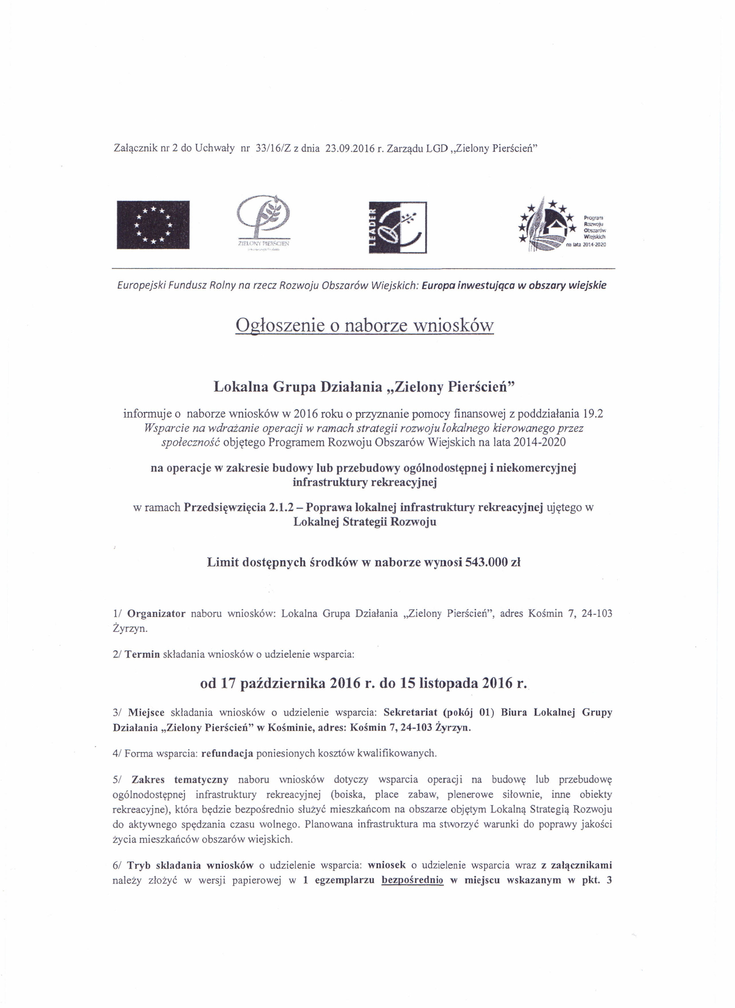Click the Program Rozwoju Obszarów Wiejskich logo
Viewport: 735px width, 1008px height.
point(563,226)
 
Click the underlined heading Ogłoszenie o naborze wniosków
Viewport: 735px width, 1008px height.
point(364,326)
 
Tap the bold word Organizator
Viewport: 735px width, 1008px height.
point(156,614)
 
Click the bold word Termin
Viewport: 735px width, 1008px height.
point(142,655)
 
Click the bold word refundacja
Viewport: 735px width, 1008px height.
point(227,753)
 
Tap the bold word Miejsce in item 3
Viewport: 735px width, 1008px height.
point(146,712)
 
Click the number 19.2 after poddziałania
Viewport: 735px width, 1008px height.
point(593,414)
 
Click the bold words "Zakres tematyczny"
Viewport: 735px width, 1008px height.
point(180,780)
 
